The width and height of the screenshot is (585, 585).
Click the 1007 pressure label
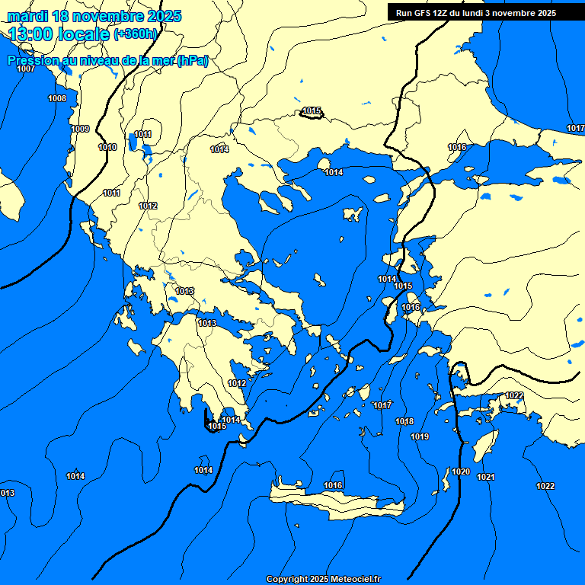(26, 69)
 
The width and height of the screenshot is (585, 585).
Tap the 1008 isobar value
(57, 99)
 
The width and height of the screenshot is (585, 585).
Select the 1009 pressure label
(80, 129)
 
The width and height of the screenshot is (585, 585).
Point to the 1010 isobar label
(107, 148)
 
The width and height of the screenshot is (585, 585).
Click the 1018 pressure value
(404, 422)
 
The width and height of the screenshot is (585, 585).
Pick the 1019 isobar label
(420, 437)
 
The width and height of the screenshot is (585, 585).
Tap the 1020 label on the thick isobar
(461, 472)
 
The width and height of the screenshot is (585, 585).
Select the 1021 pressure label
(486, 478)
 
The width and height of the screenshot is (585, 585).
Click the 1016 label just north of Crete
(333, 486)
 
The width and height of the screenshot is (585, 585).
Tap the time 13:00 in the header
(30, 34)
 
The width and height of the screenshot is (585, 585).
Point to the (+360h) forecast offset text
(135, 34)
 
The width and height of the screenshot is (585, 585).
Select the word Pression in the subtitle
(31, 61)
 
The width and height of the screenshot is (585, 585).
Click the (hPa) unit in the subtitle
(192, 61)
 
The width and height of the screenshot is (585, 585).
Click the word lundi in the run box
(481, 13)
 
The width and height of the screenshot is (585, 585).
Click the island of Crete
(335, 501)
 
